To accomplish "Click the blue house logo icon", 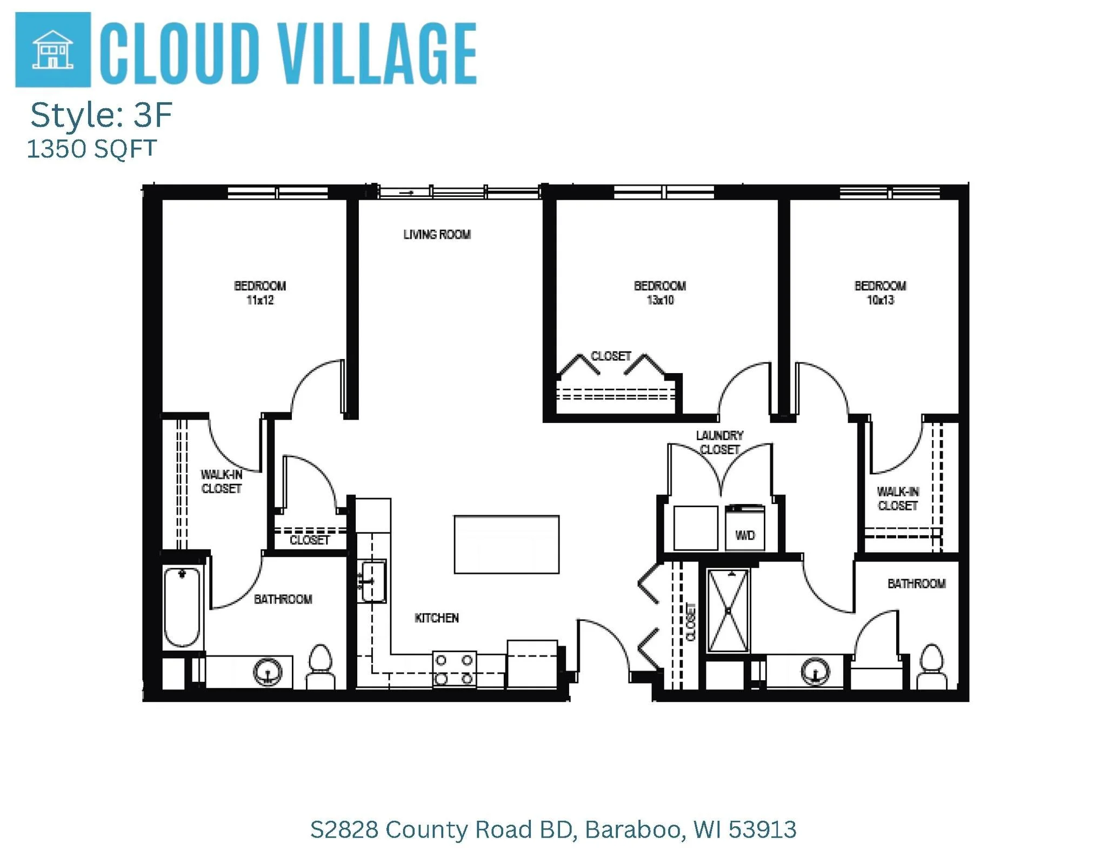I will pos(52,49).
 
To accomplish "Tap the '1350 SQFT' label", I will pos(91,149).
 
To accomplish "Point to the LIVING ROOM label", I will pos(437,235).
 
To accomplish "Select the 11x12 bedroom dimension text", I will pos(260,301).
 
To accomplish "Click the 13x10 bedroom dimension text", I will pos(660,301).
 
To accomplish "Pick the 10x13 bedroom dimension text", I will pos(880,301).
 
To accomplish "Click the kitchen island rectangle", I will pos(506,544).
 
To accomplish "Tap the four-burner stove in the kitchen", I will pos(454,669).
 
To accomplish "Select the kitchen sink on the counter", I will pos(373,581).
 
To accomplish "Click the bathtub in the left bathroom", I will pos(182,607).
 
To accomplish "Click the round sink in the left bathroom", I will pos(268,672).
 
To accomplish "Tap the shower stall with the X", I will pos(728,611).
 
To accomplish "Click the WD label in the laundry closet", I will pos(745,535).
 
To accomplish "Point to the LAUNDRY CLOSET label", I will pos(719,442).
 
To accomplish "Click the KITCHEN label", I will pos(437,618).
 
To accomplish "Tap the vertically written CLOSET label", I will pos(691,622).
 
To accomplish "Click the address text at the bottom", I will pos(553,830).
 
